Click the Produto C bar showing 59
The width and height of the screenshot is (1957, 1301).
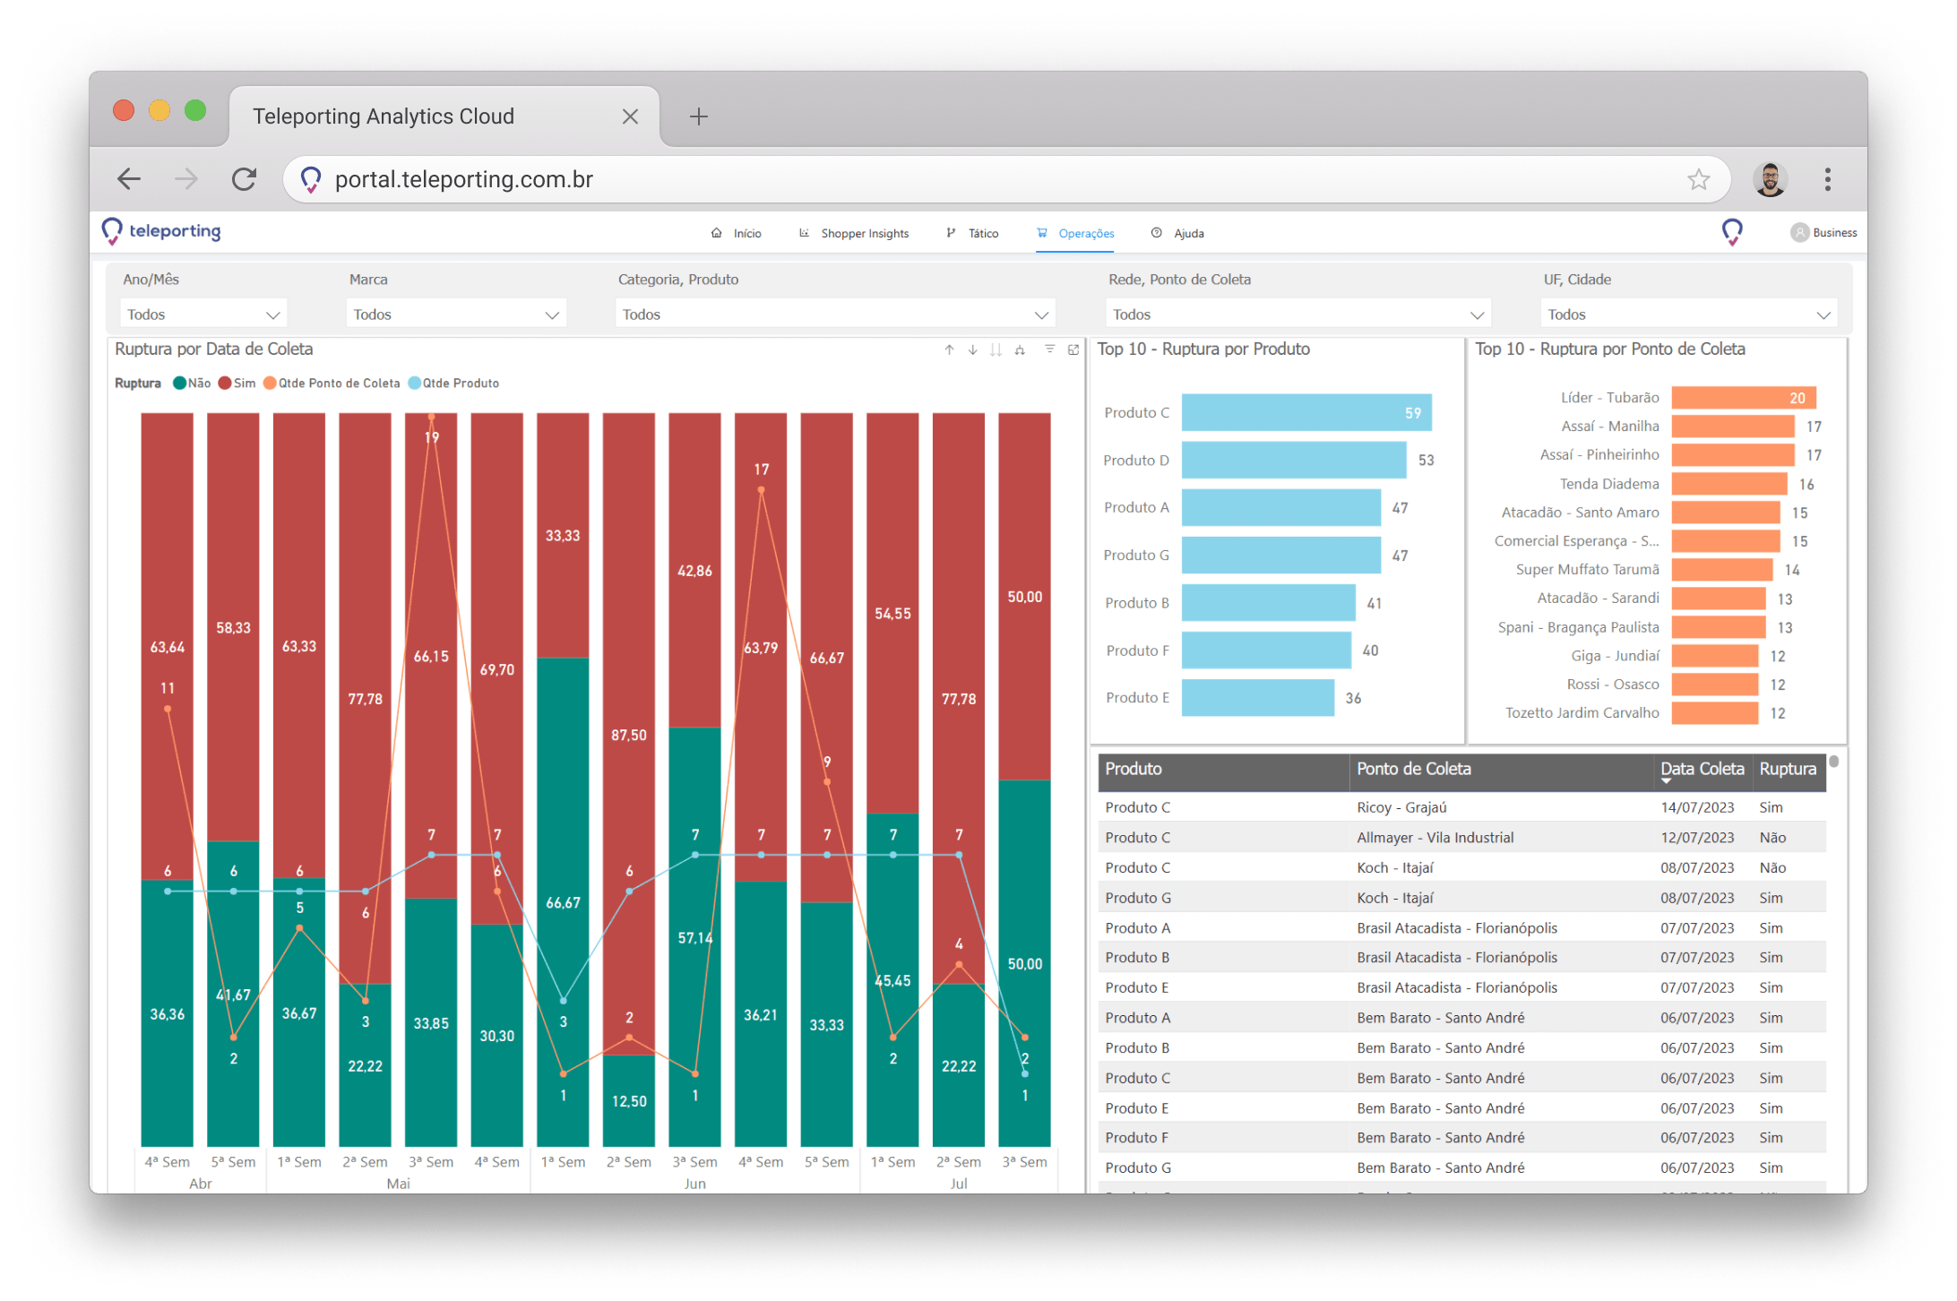coord(1306,413)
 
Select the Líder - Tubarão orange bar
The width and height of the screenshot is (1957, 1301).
coord(1743,398)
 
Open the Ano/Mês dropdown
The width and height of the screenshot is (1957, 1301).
coord(203,314)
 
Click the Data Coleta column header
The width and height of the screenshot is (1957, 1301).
coord(1702,769)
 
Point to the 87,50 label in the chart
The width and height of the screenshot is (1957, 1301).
coord(628,735)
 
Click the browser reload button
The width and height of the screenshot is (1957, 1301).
coord(245,179)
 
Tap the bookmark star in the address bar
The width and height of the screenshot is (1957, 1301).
coord(1698,179)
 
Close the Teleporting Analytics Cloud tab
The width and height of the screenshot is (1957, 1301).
coord(630,116)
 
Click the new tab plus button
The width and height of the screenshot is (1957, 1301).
coord(699,116)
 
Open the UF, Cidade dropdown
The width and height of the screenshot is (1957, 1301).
coord(1688,314)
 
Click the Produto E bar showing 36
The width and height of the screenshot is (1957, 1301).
coord(1257,698)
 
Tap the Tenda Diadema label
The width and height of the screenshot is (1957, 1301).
coord(1608,484)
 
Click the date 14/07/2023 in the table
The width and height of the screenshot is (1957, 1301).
coord(1696,807)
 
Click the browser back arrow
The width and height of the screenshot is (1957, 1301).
coord(130,179)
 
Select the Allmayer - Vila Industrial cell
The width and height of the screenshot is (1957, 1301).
coord(1435,838)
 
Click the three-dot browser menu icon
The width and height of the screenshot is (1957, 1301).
coord(1827,179)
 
